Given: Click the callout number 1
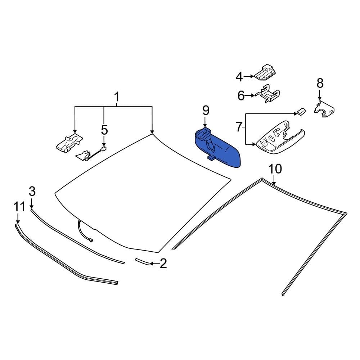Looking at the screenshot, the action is click(117, 97).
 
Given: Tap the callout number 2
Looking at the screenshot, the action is click(163, 264).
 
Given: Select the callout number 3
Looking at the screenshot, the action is click(32, 191).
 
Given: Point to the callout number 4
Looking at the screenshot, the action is click(239, 77).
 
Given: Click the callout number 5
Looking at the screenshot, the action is click(104, 130).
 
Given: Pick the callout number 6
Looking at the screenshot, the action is click(241, 96).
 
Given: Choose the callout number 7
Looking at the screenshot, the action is click(239, 127).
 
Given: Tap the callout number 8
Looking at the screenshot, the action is click(320, 83).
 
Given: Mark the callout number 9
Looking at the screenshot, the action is click(206, 111).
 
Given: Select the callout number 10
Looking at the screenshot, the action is click(275, 169).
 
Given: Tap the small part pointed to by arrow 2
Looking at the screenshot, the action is click(142, 261).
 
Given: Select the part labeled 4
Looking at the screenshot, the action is click(265, 73).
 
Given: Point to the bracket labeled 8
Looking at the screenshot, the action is click(324, 109).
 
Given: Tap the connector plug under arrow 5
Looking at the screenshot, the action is click(104, 149).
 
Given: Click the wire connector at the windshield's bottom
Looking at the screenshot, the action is click(91, 240).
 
